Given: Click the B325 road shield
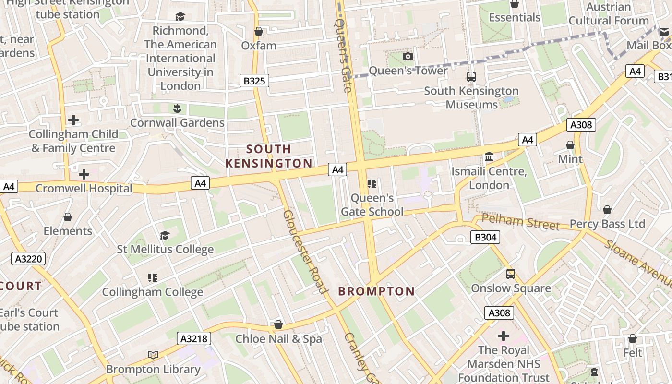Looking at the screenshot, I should tap(254, 81).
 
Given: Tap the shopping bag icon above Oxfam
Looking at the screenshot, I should tap(259, 32).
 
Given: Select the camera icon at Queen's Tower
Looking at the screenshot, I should tap(408, 57).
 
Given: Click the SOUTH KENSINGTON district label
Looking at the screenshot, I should tap(269, 156).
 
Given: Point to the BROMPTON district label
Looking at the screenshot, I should tap(376, 291).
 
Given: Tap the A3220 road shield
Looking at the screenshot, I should tap(28, 259).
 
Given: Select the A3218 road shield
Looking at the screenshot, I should tap(194, 338).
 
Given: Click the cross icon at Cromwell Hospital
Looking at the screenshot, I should tap(84, 174).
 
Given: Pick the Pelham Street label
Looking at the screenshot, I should tap(520, 222).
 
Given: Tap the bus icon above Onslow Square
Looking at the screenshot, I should tap(511, 274).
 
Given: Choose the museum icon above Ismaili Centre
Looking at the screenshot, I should tap(489, 157).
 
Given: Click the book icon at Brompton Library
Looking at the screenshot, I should tap(153, 355).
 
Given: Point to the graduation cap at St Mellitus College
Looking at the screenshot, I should tap(165, 235).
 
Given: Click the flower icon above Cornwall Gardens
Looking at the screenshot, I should tap(177, 108).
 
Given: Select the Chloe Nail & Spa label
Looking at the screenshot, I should tap(278, 339).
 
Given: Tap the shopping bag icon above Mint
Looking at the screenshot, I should tap(570, 145).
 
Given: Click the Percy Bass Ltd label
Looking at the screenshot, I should tap(607, 224).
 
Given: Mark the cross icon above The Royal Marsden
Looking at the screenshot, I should tap(503, 336).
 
